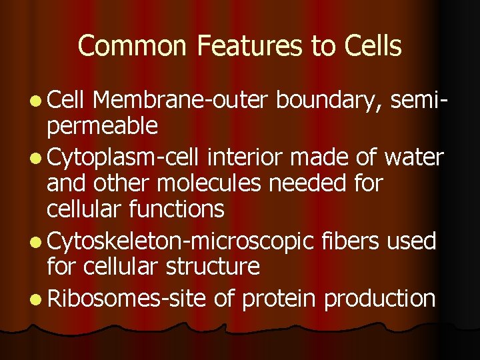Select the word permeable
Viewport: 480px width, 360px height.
click(102, 125)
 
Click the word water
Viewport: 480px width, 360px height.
click(414, 157)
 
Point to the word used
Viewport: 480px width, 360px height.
click(413, 240)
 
